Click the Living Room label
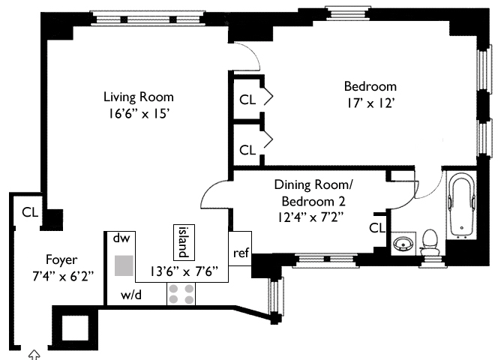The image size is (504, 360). click(138, 97)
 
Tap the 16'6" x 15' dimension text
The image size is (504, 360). click(138, 114)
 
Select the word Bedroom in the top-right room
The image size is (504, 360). click(370, 85)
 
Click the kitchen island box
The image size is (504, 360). click(181, 240)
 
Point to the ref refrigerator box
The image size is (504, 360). click(241, 253)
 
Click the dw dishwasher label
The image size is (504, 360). click(121, 238)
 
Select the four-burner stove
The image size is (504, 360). click(181, 294)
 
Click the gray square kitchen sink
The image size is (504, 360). click(125, 265)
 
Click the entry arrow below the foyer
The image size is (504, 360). click(34, 354)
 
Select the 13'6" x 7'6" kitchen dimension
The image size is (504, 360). click(185, 271)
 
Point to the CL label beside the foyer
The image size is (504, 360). click(30, 211)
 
